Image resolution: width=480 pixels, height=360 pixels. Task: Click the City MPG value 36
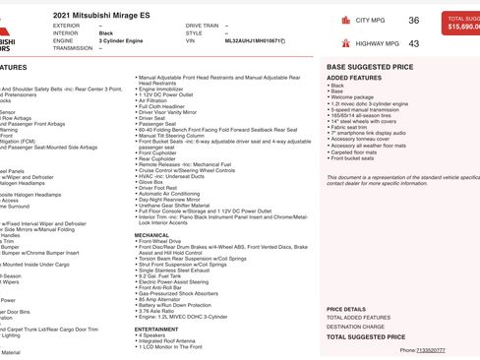coord(413,21)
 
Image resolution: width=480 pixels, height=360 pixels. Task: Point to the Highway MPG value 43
coord(413,44)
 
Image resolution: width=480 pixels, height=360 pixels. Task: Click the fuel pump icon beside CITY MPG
coord(333,21)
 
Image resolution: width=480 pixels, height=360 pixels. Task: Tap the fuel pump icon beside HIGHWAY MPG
coord(333,44)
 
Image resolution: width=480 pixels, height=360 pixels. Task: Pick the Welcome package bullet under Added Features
coord(353,97)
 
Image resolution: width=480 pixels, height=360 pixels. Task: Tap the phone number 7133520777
coord(431,350)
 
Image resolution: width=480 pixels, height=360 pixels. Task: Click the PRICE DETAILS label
coord(345,310)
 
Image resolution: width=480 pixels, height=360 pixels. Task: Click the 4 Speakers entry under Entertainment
coord(153,336)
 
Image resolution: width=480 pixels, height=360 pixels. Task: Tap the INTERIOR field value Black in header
coord(106,33)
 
